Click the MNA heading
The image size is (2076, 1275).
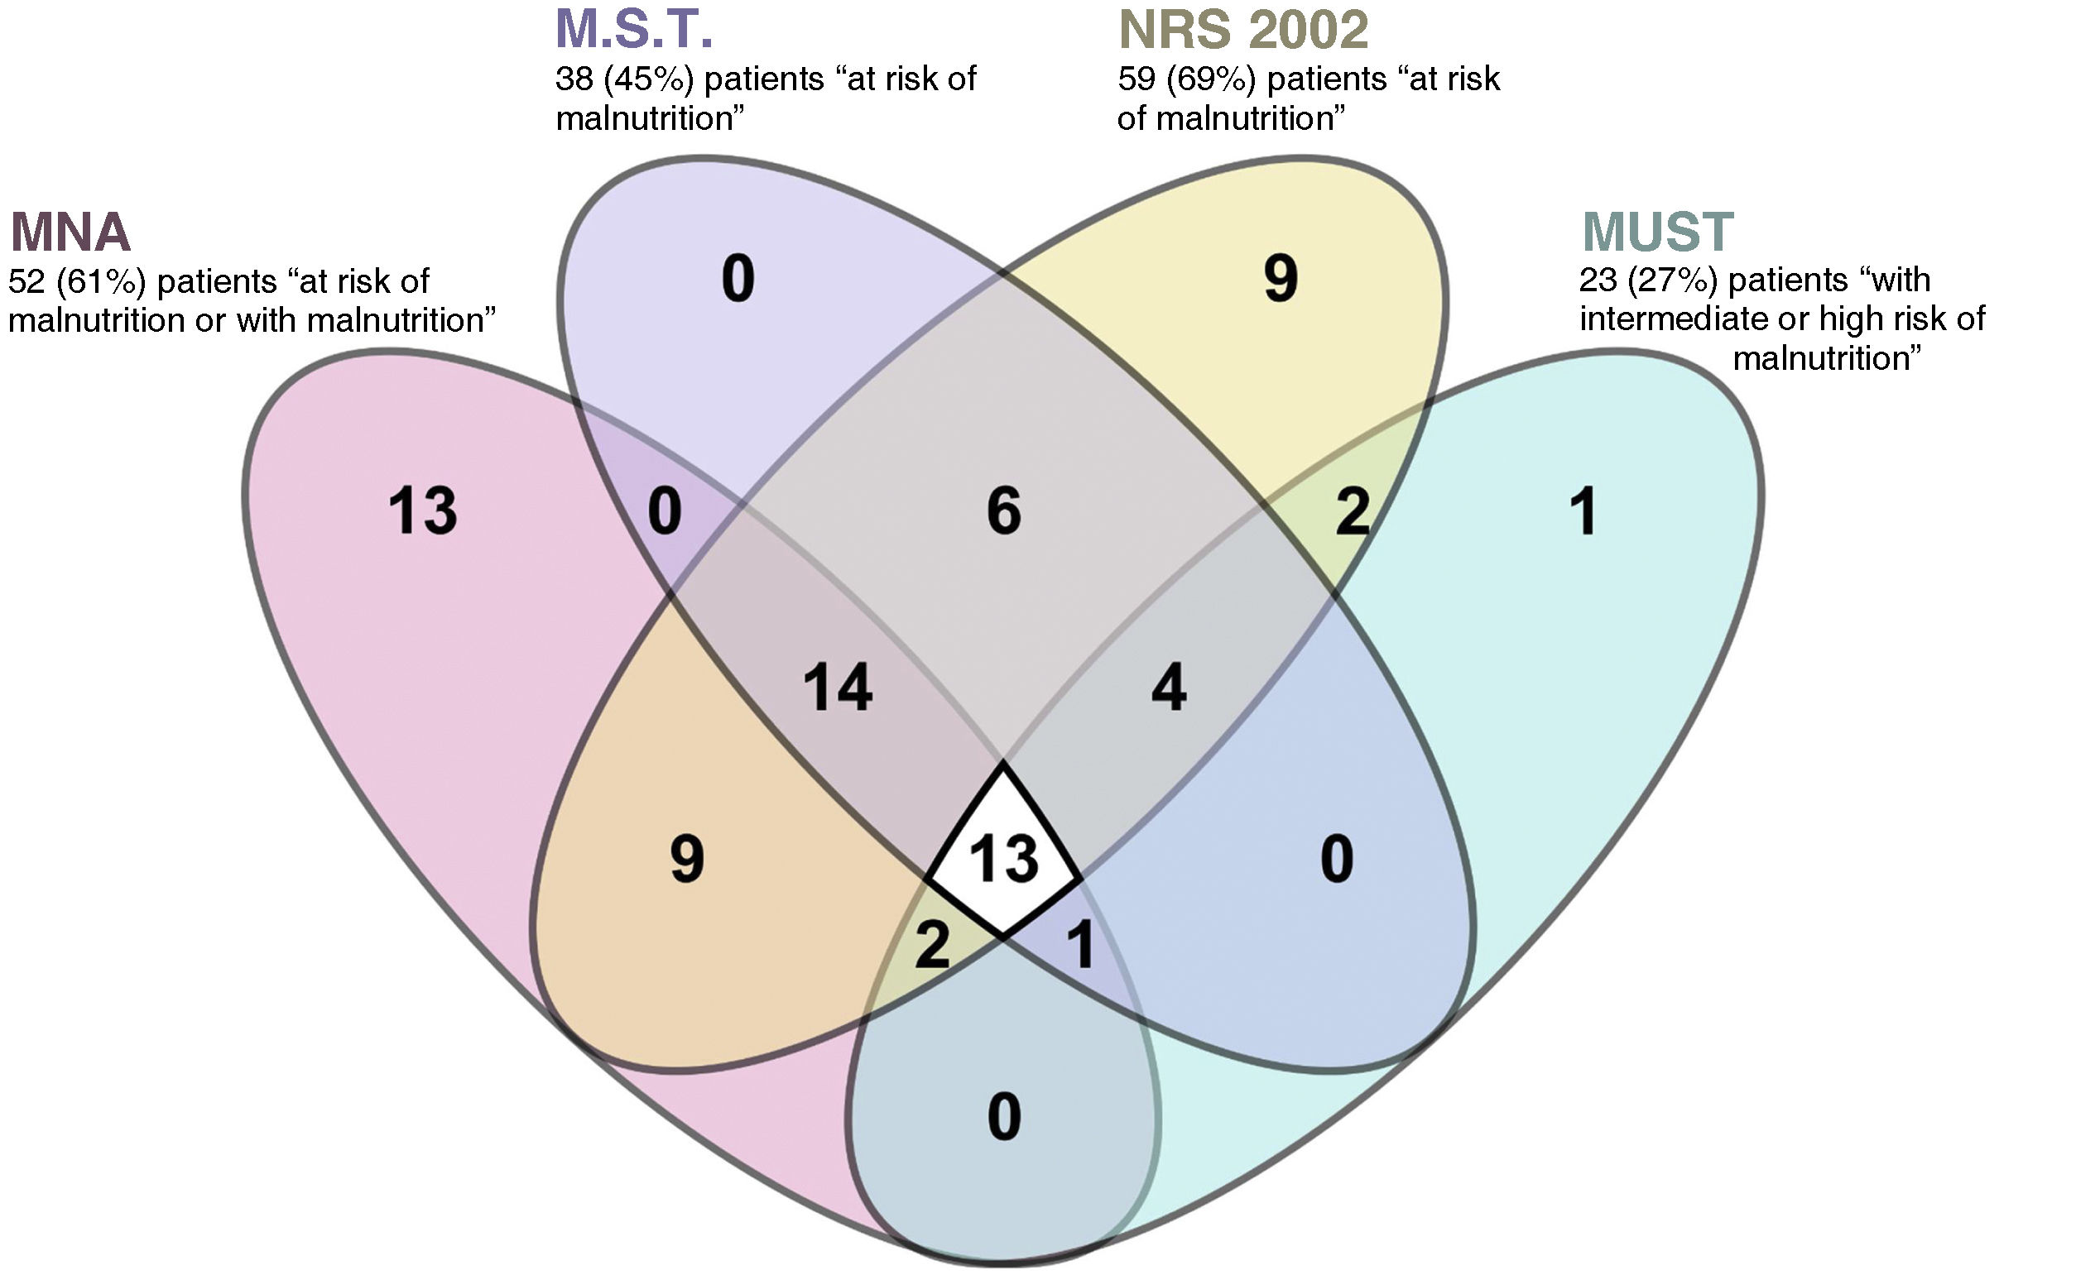tap(71, 232)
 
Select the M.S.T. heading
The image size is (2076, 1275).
tap(633, 30)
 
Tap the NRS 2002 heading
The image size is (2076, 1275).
tap(1242, 31)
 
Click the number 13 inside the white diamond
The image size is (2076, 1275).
tap(1003, 859)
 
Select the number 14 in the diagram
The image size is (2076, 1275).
tap(837, 688)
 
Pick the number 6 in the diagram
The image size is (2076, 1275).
tap(1003, 511)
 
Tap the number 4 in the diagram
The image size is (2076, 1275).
tap(1168, 688)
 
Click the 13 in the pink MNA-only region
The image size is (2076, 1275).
tap(423, 511)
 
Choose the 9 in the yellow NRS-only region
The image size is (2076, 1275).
tap(1280, 279)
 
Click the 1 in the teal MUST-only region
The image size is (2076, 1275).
tap(1584, 511)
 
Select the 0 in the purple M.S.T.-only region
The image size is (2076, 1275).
tap(738, 279)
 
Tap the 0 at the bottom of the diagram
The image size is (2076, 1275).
tap(1003, 1117)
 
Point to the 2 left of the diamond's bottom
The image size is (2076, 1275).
tap(932, 946)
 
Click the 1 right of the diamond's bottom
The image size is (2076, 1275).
tap(1080, 946)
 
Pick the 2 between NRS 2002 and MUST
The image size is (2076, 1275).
tap(1353, 511)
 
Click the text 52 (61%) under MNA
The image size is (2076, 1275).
tap(74, 280)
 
